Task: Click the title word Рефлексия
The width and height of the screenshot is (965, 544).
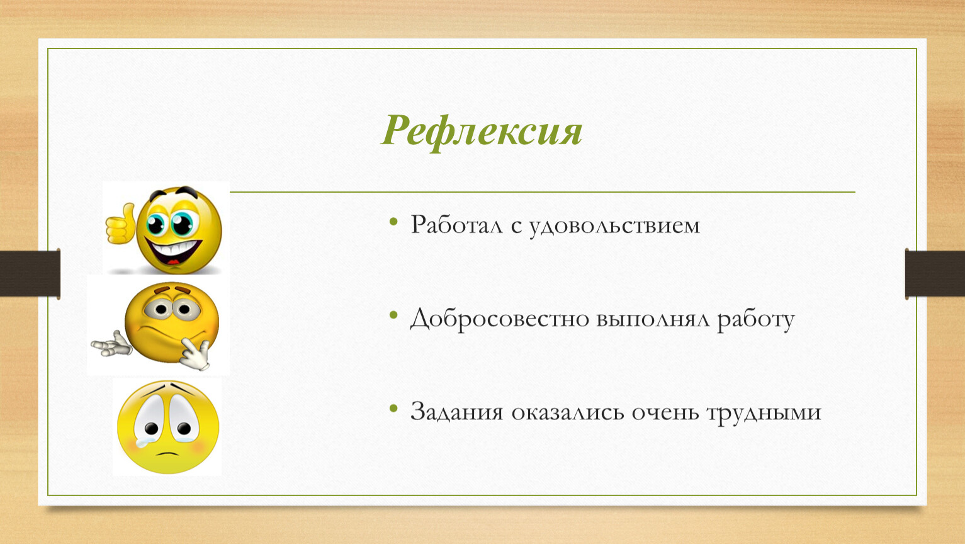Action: coord(482,131)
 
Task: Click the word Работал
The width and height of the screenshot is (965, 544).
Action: coord(456,225)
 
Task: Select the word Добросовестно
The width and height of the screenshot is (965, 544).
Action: coord(500,319)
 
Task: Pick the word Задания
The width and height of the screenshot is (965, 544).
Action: coord(456,411)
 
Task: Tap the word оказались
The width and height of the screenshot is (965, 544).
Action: coord(568,412)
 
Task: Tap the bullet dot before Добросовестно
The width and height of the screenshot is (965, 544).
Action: coord(393,315)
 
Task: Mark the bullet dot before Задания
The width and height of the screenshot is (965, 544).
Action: coord(393,408)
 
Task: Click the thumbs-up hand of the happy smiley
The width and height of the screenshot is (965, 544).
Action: coord(121,224)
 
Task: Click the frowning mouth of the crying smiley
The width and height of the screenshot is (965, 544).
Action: coord(167,453)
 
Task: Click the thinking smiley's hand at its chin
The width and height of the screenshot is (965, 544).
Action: coord(195,354)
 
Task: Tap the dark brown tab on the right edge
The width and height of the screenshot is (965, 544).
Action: coord(935,274)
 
